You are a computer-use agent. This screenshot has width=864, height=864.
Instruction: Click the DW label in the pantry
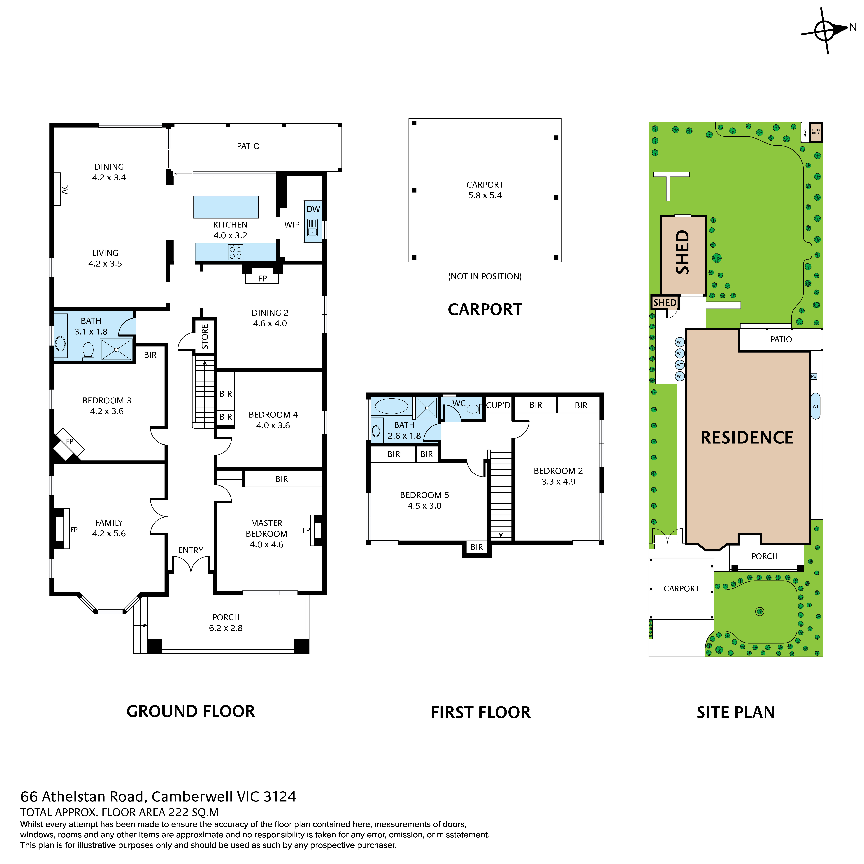pos(313,209)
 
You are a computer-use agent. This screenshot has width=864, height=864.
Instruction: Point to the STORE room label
pos(205,336)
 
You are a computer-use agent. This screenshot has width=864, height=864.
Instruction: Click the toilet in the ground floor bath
pos(88,351)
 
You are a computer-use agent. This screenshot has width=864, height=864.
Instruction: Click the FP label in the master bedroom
pos(306,530)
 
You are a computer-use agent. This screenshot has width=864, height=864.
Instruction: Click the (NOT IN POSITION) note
pos(485,276)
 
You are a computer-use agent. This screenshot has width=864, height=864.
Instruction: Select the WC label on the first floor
pos(459,403)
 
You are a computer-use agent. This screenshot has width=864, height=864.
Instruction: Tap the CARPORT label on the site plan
pos(681,589)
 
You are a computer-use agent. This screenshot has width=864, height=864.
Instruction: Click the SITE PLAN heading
pos(736,712)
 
